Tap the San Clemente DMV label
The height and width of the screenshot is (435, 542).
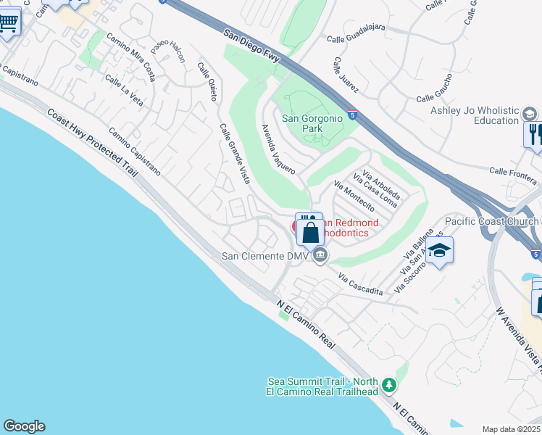point(266,256)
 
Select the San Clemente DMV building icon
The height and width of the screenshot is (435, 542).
point(320,256)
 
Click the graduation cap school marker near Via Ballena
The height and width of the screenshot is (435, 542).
point(438,250)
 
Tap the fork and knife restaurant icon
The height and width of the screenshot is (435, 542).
point(534,134)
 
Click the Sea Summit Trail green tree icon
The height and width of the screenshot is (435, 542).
point(389,384)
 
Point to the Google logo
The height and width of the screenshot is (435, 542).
point(24,426)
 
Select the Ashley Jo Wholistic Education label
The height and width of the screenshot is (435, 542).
point(474,115)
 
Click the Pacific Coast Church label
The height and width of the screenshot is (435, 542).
point(490,221)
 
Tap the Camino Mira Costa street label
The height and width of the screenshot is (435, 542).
point(130,57)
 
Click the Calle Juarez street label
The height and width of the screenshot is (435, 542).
point(346,76)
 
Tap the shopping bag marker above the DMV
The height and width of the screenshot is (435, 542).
point(311,233)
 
